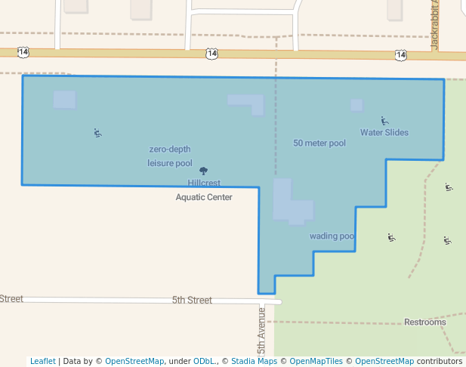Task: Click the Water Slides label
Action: (384, 133)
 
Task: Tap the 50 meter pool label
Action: (319, 143)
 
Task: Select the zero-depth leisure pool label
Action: (170, 156)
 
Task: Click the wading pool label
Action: (332, 236)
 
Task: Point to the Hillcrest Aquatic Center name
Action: (204, 190)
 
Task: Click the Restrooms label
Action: (424, 322)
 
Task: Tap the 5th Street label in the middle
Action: (192, 300)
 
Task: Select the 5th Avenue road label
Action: (262, 331)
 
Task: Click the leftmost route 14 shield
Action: (23, 52)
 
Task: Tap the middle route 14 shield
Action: (211, 54)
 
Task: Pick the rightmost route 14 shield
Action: (400, 55)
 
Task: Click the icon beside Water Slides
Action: (384, 120)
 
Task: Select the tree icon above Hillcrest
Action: (202, 171)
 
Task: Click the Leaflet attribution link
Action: (42, 361)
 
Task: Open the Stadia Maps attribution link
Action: (254, 361)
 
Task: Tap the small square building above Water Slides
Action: (356, 105)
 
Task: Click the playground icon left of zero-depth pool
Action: (97, 133)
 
